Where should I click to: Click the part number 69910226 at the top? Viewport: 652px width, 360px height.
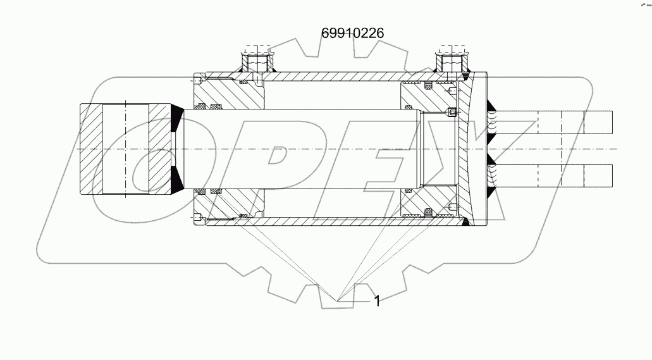pyautogui.click(x=353, y=32)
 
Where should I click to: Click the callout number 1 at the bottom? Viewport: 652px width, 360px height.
pyautogui.click(x=377, y=301)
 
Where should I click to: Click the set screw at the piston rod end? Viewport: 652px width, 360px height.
pyautogui.click(x=452, y=113)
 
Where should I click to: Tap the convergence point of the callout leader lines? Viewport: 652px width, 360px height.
pyautogui.click(x=339, y=298)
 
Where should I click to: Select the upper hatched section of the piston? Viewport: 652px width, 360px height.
pyautogui.click(x=430, y=98)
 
